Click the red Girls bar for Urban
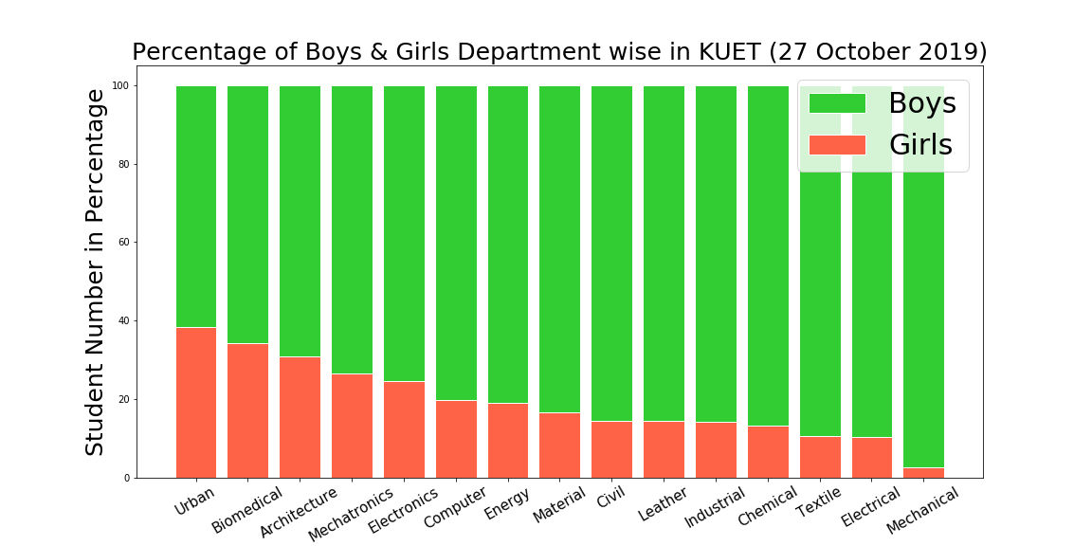[x=195, y=402]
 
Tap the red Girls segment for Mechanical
[x=923, y=472]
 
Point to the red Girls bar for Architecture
[x=300, y=417]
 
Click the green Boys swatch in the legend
[x=836, y=103]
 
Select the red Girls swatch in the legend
[x=836, y=145]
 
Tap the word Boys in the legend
[x=921, y=103]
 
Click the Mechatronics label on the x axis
[x=350, y=516]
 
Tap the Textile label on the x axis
[x=819, y=503]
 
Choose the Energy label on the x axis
[x=506, y=503]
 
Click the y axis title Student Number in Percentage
[x=96, y=272]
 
